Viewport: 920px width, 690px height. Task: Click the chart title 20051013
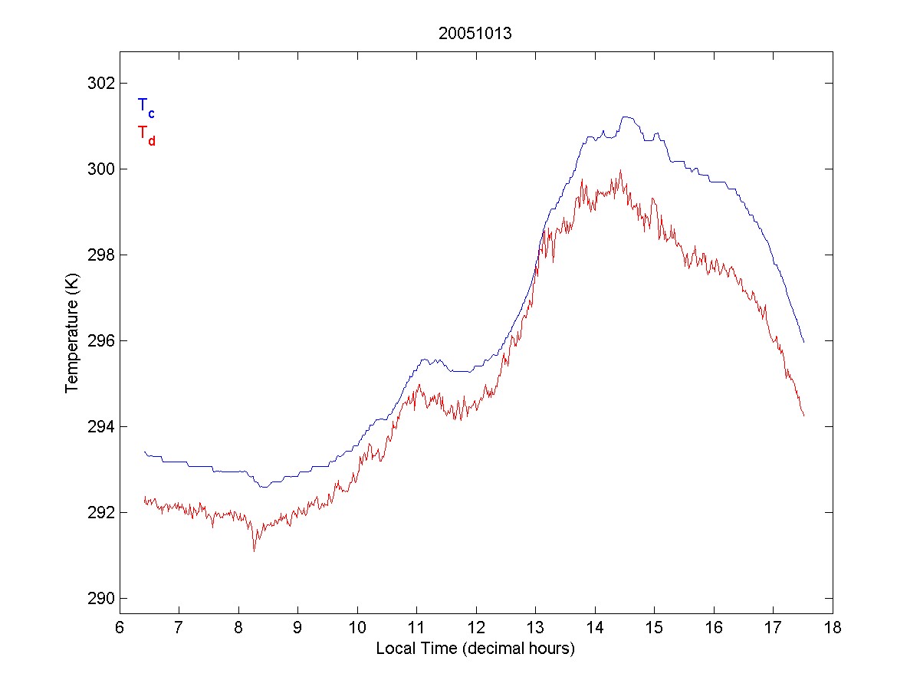pos(475,34)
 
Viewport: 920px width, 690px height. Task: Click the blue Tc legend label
pos(146,108)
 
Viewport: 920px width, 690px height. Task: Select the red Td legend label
pos(146,135)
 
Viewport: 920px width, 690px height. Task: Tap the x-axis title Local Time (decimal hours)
pos(475,649)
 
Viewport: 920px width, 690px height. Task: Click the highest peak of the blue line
pos(626,117)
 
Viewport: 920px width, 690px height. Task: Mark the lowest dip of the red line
pos(254,550)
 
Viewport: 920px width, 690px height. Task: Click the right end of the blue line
pos(803,342)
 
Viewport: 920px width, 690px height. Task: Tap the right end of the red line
pos(803,416)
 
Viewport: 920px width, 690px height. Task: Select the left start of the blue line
pos(144,452)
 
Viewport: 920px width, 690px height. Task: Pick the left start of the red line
pos(144,499)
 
